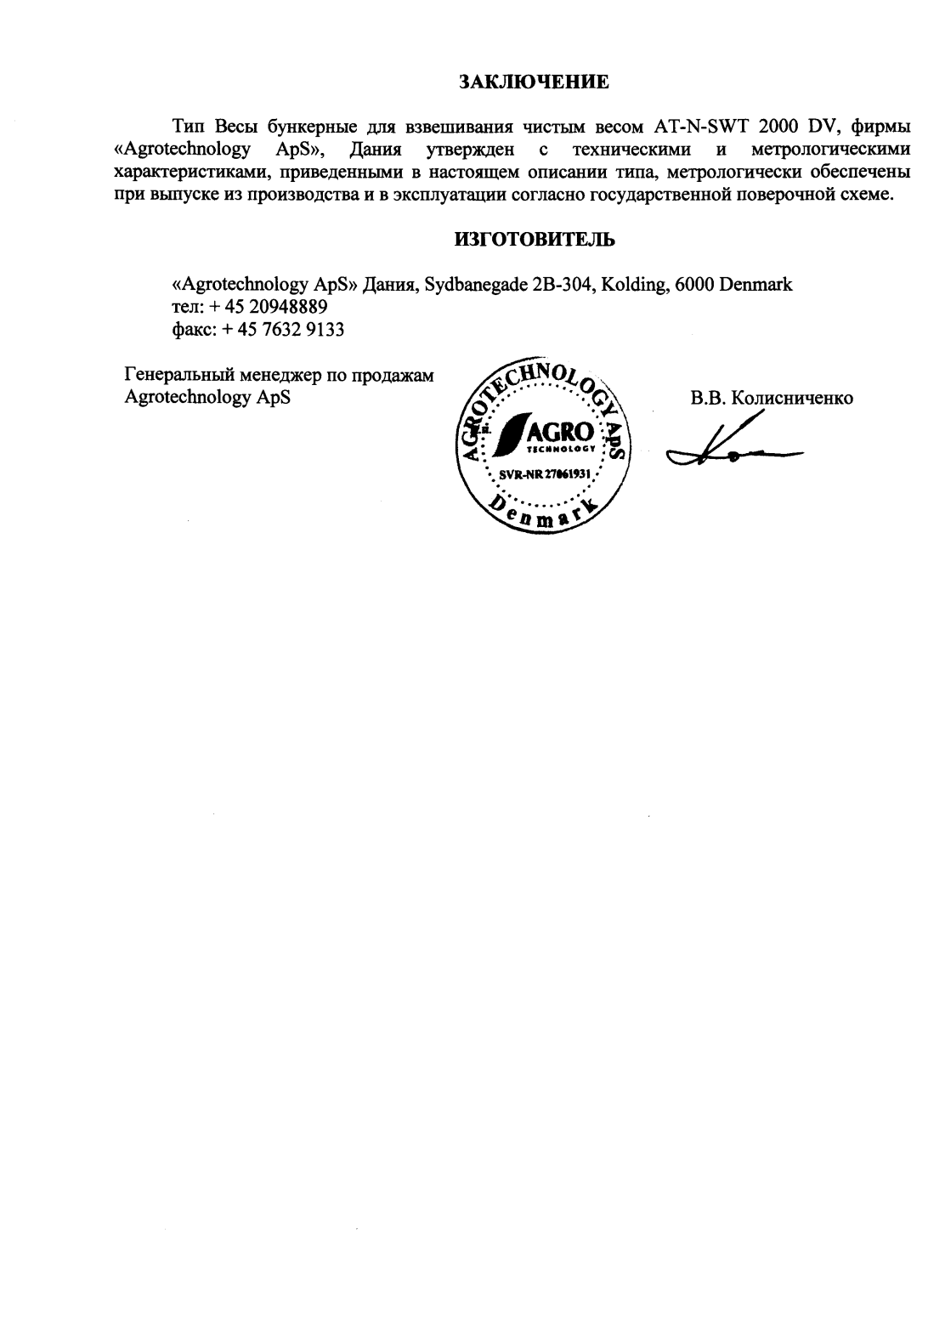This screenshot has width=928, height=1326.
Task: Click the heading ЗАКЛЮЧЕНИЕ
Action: pyautogui.click(x=535, y=82)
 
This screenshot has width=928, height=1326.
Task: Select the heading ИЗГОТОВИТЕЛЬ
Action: pyautogui.click(x=535, y=240)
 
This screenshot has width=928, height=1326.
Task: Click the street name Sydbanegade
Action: pyautogui.click(x=475, y=285)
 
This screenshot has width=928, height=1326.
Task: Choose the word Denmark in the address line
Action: pyautogui.click(x=755, y=285)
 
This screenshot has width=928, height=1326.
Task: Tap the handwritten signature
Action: pyautogui.click(x=731, y=449)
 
